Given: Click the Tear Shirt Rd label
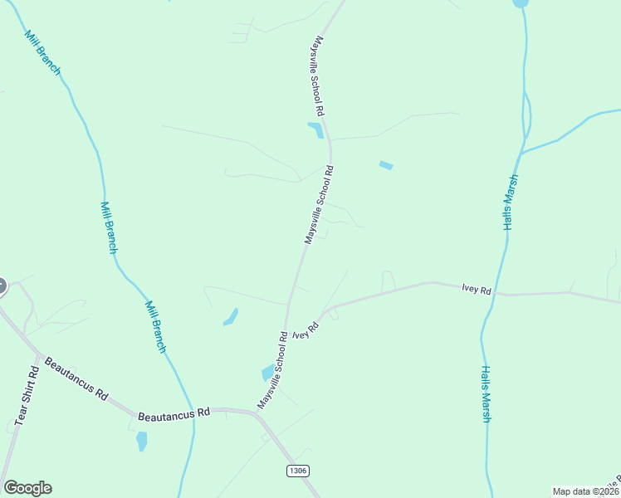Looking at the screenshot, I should coord(25,396).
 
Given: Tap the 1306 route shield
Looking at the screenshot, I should coord(298,471).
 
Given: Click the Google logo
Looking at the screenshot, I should coord(27,488).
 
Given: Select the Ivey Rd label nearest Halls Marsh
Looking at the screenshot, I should coord(477,290).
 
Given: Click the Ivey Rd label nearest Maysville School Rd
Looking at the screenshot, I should coord(306,330).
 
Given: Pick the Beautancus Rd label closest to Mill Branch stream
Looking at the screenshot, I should coord(175,413).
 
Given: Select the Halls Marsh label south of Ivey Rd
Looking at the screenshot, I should coord(487,394).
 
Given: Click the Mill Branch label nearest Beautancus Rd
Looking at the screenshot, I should coord(156,326).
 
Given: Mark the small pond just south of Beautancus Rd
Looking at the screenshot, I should coord(141,441).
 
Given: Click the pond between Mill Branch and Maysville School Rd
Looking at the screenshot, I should coord(231,316).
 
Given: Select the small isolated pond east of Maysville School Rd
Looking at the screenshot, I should coord(386,165).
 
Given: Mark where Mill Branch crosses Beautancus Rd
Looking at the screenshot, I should coord(194,413).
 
